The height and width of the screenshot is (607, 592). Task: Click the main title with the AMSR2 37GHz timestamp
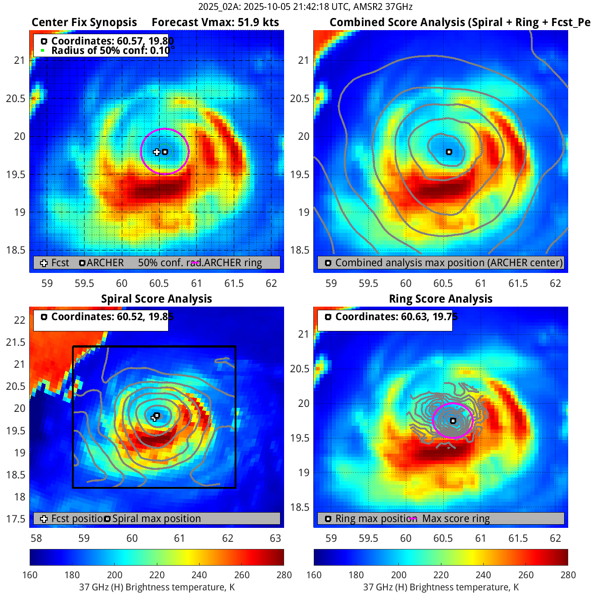(305, 7)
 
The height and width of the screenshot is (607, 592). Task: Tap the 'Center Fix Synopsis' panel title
(84, 22)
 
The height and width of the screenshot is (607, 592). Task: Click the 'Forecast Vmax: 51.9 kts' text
(215, 22)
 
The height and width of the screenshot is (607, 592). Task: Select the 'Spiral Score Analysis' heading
(156, 299)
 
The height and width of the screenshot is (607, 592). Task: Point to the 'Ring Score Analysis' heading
(441, 299)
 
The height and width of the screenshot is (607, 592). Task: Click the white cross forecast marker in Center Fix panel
(156, 152)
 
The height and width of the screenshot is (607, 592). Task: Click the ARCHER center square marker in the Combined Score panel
(449, 152)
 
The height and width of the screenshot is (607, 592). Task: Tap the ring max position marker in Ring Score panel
(453, 421)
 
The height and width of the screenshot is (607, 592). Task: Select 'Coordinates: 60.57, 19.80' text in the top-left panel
(112, 41)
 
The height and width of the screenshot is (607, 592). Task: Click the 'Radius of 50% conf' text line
(110, 50)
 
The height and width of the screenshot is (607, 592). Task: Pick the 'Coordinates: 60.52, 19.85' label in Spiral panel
(112, 317)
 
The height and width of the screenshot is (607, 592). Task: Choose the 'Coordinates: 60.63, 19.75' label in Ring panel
(396, 317)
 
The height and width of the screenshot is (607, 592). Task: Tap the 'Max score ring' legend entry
(456, 519)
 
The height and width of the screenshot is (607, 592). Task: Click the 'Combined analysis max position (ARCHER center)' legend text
(449, 263)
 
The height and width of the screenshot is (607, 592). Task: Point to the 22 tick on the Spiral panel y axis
(20, 320)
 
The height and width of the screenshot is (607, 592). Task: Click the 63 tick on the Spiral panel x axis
(275, 539)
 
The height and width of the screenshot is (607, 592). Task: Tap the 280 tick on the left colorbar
(284, 575)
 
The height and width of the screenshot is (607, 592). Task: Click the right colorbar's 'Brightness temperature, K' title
(441, 587)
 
